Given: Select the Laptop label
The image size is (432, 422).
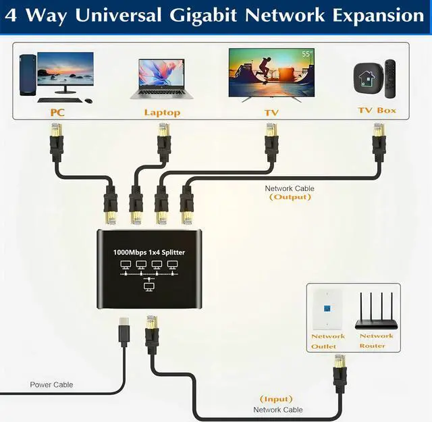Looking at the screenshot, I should coord(162,112).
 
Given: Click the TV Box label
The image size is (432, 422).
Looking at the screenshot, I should coord(377,110).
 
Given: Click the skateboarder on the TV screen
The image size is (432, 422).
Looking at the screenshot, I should coord(265,70).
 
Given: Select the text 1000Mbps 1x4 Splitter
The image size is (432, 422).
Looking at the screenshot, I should coord(148,253).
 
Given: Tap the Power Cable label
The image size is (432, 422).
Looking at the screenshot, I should coord(51,385).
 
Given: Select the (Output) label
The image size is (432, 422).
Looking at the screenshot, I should coord(290,197).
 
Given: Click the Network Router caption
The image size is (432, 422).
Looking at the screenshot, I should coord(377,340).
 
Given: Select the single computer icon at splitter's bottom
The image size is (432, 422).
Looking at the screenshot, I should coord(149,287).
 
